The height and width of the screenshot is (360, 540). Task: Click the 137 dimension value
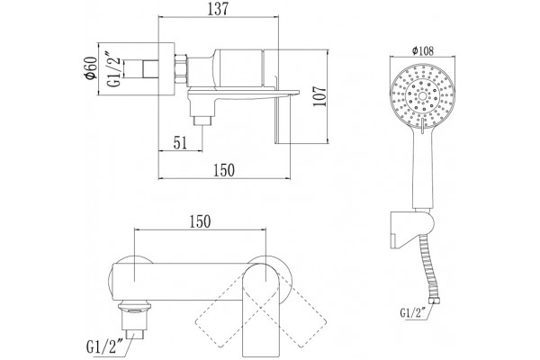coord(218,9)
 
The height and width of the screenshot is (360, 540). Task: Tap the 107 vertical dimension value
coord(319,96)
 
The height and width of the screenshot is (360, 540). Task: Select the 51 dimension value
coord(180,142)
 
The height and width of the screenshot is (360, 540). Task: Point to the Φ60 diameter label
coord(91,68)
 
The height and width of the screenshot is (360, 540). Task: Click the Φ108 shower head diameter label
coord(423,51)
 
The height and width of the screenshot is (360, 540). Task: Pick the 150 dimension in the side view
coord(224,170)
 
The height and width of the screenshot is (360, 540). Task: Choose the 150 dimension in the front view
coord(200,222)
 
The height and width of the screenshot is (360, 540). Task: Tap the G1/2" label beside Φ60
coord(114,69)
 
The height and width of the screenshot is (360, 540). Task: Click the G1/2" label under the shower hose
coord(413,312)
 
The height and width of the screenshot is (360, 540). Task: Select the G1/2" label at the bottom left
coord(105,346)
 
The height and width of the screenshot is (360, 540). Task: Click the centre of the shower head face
coord(423,94)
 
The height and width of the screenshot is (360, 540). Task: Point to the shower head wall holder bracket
coord(412,229)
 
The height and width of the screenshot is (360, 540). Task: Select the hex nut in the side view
coord(181,69)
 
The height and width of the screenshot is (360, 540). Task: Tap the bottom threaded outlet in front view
coord(134,321)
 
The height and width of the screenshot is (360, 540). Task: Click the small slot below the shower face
coord(423,125)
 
